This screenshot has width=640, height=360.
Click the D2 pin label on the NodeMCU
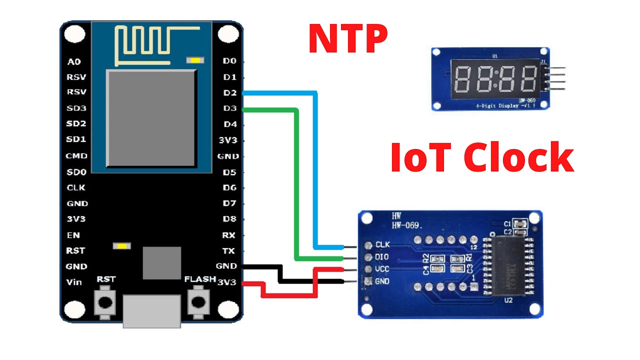230,93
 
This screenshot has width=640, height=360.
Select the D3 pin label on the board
230,108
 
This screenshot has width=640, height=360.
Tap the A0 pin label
74,62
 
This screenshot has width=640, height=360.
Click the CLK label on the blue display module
382,245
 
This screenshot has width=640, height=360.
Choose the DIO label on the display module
382,257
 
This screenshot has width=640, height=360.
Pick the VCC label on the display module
382,269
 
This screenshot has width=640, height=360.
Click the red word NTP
348,39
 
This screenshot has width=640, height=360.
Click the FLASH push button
199,301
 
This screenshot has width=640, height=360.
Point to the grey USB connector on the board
151,310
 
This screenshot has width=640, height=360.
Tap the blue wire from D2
315,170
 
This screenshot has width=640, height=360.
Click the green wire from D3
297,185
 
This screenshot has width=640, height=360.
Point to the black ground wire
310,281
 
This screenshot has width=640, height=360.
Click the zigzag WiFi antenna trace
148,45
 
